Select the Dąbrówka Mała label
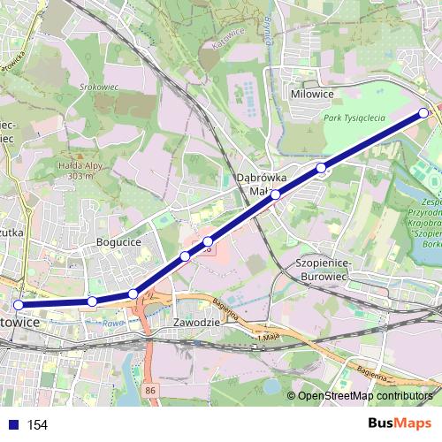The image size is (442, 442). pos(258,184)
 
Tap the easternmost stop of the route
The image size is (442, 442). pos(424,112)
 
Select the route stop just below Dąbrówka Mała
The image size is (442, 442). pos(276,194)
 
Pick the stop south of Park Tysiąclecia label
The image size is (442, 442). pos(322,167)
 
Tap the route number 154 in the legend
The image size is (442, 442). pos(37,425)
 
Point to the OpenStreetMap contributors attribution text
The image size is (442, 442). pos(364,396)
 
